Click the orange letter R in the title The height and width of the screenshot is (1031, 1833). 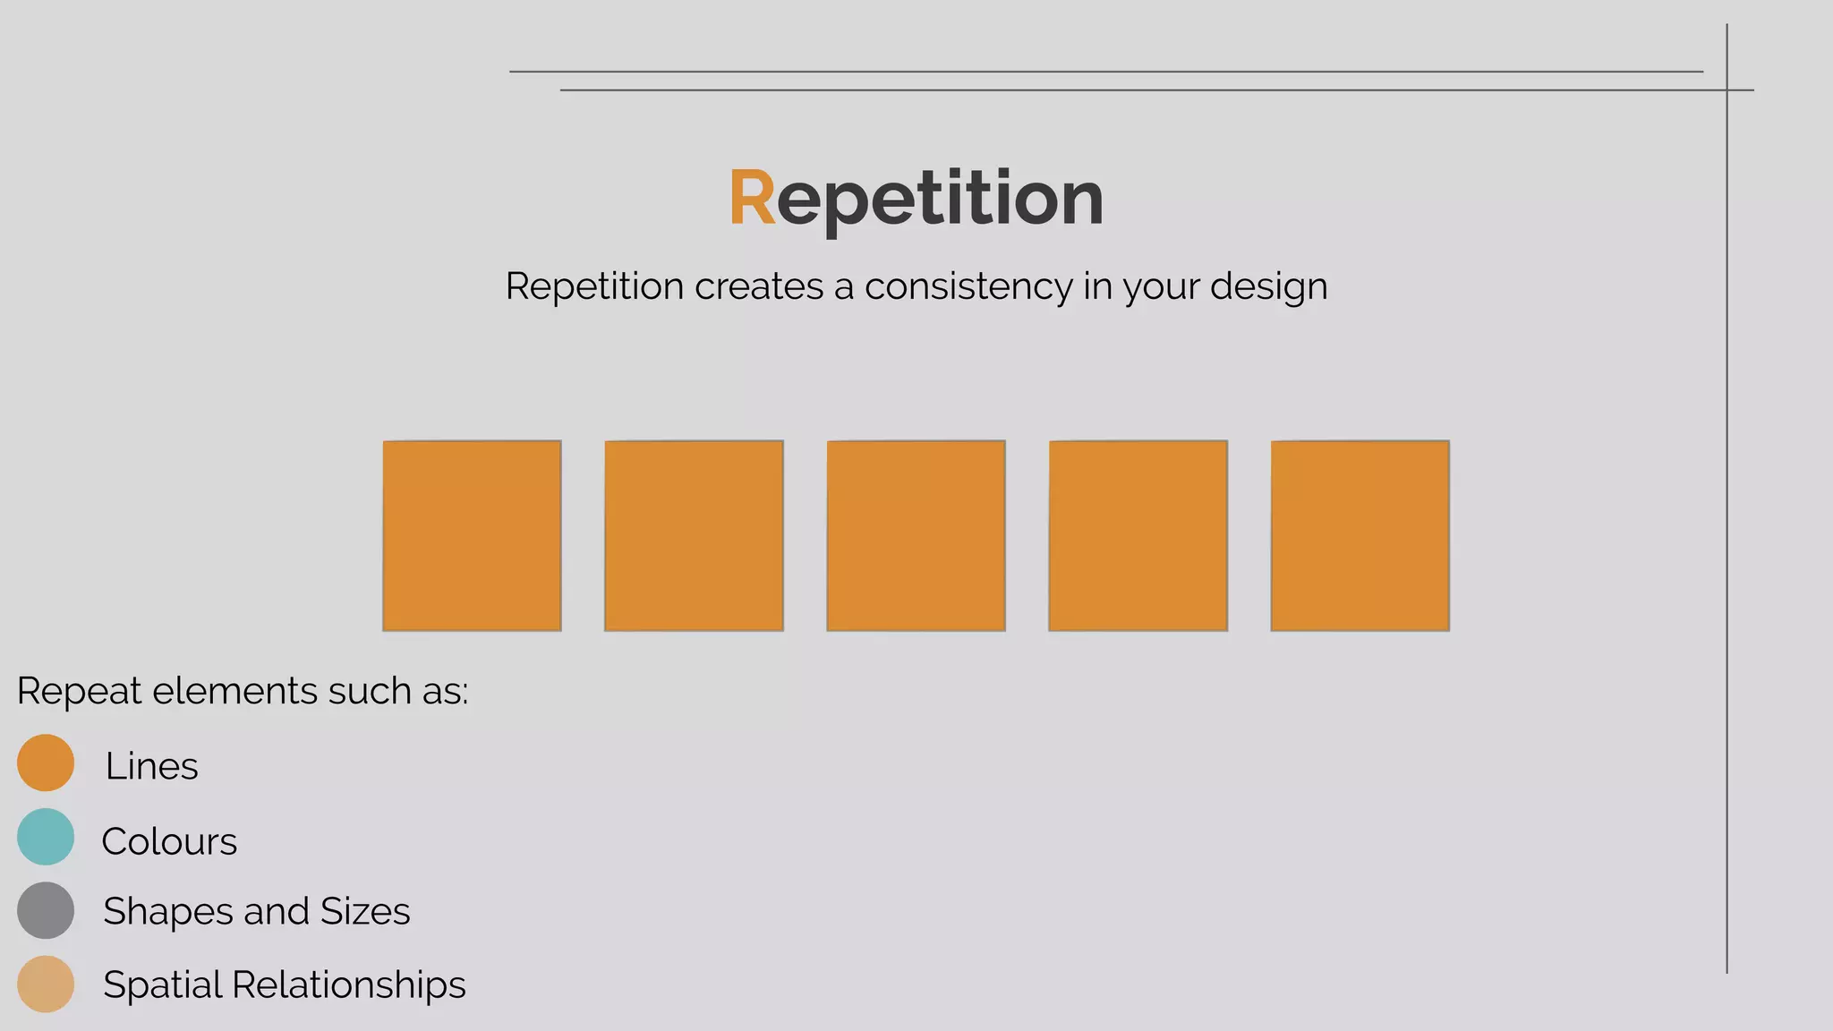[752, 198]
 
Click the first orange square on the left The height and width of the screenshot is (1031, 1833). [472, 535]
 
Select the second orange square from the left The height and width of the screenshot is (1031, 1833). [694, 535]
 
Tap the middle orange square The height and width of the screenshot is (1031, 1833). [916, 535]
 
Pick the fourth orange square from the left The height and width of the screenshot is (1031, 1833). [1138, 535]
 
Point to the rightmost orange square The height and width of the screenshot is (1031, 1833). [1360, 535]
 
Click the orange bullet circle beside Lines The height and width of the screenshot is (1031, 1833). [46, 763]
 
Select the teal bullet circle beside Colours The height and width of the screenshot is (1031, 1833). [46, 837]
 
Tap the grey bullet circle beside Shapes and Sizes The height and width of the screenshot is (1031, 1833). [46, 910]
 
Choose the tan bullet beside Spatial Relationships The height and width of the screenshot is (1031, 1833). [46, 984]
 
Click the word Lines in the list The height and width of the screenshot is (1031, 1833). [151, 766]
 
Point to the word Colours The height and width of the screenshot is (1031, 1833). [169, 841]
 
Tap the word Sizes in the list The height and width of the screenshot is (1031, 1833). [365, 911]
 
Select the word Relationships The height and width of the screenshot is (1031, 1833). [348, 984]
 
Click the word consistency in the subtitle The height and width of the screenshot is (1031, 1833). [968, 287]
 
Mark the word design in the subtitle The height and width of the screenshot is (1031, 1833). [1268, 287]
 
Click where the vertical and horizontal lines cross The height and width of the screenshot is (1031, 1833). [1726, 89]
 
